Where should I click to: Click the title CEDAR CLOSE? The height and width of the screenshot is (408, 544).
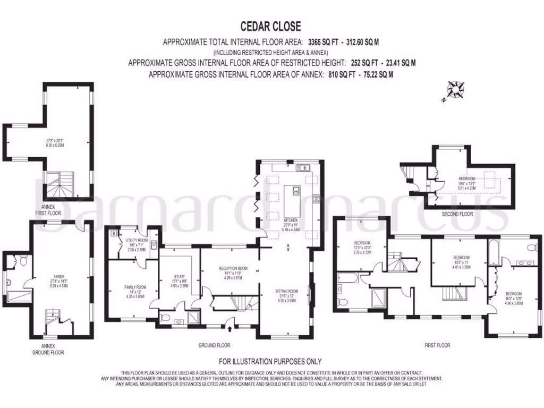(x=271, y=26)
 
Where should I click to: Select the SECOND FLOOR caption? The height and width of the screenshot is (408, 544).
(x=458, y=214)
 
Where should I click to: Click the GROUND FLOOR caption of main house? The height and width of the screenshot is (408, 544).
(x=214, y=345)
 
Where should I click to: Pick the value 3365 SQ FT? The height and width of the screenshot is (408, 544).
(x=324, y=41)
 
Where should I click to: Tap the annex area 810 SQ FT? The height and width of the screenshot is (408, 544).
(x=342, y=75)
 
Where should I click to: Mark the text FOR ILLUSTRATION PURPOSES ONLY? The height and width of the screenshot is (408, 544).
(x=270, y=361)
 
